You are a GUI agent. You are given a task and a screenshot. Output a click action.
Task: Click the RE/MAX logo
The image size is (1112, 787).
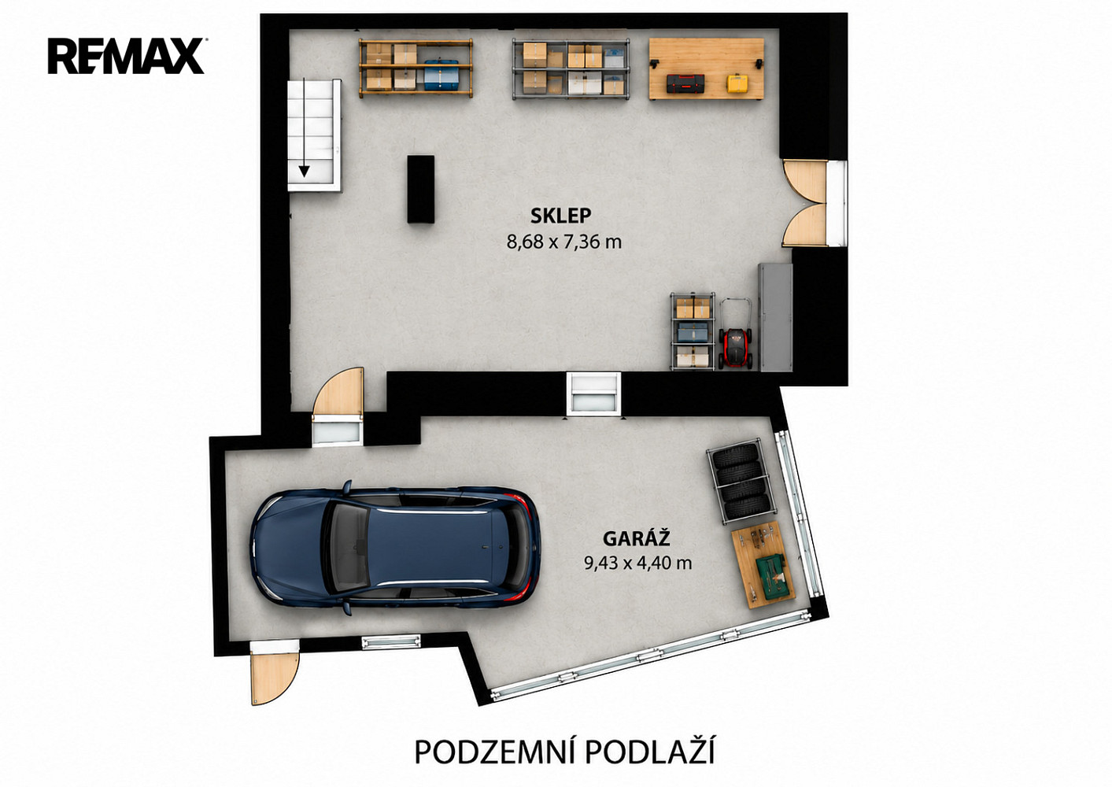pyautogui.click(x=127, y=56)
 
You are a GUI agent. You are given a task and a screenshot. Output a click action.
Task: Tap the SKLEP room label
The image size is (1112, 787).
pyautogui.click(x=561, y=216)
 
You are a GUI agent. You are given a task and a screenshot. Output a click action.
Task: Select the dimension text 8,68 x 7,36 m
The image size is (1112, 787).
pyautogui.click(x=564, y=242)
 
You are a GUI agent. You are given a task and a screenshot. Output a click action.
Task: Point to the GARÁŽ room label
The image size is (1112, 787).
pyautogui.click(x=637, y=538)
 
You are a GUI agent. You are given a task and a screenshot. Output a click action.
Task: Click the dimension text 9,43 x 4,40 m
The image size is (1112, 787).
pyautogui.click(x=638, y=563)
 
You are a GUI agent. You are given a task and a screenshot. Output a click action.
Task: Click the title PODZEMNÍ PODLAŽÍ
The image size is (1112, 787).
pyautogui.click(x=564, y=752)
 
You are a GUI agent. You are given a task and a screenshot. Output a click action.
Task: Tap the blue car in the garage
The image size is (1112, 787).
pyautogui.click(x=396, y=547)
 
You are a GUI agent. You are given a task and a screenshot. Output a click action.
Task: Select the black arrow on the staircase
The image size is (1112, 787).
pyautogui.click(x=304, y=127)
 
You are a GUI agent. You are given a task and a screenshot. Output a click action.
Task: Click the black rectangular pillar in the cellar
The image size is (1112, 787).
pyautogui.click(x=421, y=189)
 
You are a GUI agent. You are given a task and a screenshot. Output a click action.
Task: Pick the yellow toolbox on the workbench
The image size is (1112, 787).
pyautogui.click(x=737, y=83)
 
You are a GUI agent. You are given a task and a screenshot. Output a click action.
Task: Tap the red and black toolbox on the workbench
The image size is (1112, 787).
pyautogui.click(x=685, y=83)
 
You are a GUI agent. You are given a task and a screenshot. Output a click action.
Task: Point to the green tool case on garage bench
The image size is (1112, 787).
pyautogui.click(x=772, y=577)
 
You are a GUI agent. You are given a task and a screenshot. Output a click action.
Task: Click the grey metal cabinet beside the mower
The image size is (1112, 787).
pyautogui.click(x=775, y=317)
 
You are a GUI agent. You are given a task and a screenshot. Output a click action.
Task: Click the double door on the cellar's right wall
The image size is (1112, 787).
pyautogui.click(x=805, y=203)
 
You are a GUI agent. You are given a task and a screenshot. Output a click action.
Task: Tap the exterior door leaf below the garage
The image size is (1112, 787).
pyautogui.click(x=274, y=678)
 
